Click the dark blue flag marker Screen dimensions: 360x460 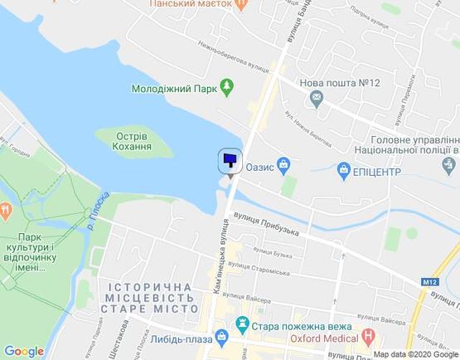pos(230,160)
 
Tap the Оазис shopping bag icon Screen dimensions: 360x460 pos(283,164)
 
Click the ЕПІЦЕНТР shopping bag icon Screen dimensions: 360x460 pos(345,170)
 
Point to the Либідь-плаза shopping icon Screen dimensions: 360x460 pos(221,336)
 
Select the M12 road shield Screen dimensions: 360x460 pos(428,283)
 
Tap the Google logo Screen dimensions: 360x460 pos(24,351)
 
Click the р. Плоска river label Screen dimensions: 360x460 pos(97,211)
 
